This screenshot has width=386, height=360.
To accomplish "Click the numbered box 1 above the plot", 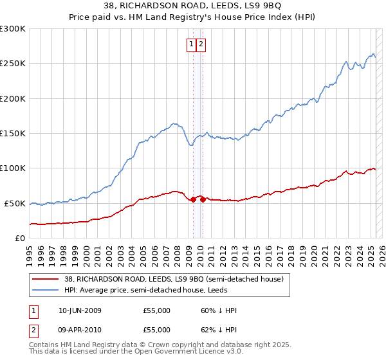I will coord(192,44).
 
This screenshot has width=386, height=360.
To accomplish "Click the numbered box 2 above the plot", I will coord(201,44).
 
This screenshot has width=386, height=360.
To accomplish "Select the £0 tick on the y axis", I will coord(20,238).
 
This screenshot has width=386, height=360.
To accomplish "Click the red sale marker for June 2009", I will coord(193,199).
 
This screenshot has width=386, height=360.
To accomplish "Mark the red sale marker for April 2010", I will coord(202,199).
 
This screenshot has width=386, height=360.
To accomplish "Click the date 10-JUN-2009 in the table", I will coord(80,310).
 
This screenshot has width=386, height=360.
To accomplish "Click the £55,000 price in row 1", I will coord(157,310).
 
